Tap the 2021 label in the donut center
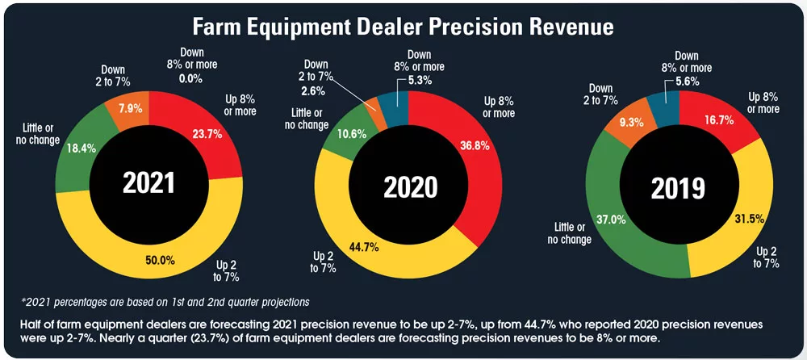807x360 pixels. pyautogui.click(x=148, y=182)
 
